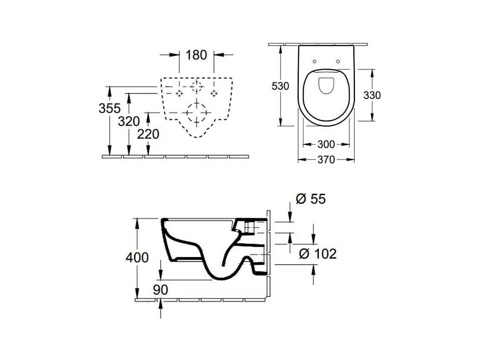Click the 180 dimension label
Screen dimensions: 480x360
coord(196,55)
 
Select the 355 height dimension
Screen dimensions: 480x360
coord(110,108)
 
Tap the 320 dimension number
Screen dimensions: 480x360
coord(129,122)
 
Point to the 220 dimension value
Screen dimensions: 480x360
coord(148,134)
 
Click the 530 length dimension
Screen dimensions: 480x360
coord(280,86)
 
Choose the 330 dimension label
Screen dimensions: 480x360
coord(372,95)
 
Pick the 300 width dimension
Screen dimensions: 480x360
coord(326,144)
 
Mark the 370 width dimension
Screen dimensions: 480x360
coord(326,160)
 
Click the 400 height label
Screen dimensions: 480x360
coord(137,258)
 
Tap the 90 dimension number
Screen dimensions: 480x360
coord(161,290)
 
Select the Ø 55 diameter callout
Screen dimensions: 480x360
coord(311,199)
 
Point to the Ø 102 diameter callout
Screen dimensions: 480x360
coord(317,254)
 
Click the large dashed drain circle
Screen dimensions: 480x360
coord(196,102)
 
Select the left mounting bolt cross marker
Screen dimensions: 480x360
coord(179,93)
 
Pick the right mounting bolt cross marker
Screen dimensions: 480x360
coord(214,93)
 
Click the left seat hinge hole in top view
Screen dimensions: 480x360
coord(314,61)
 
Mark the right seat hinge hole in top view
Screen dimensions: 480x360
coord(338,61)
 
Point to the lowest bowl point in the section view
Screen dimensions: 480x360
coord(223,279)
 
